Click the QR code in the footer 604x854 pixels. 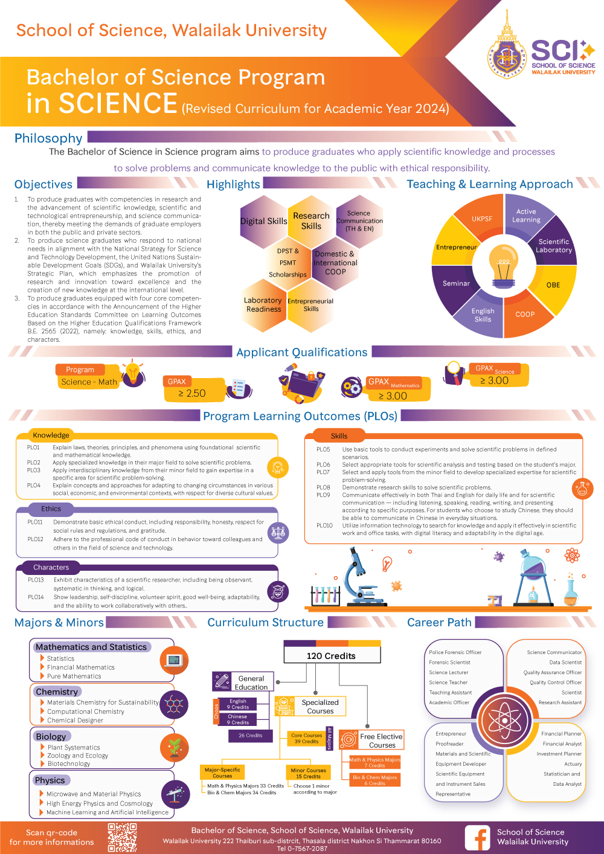coord(122,838)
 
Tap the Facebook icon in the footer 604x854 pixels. coord(477,838)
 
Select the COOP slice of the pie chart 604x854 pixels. coord(524,314)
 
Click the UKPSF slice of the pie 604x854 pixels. coord(482,219)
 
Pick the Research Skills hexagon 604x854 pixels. coord(311,220)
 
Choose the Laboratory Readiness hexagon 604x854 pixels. coord(263,305)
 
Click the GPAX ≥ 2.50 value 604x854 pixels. coord(192,393)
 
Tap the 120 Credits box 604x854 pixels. coord(331,655)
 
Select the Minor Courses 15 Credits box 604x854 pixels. coord(308,773)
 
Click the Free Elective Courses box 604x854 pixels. coord(381,740)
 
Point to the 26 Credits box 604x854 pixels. coord(250,736)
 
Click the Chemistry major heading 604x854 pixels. coord(57,692)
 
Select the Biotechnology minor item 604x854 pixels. coord(69,763)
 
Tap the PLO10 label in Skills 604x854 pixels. coord(324,525)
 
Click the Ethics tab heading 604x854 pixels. coord(51,509)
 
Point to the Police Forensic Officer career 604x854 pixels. coord(455,652)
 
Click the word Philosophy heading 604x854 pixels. coord(48,138)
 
